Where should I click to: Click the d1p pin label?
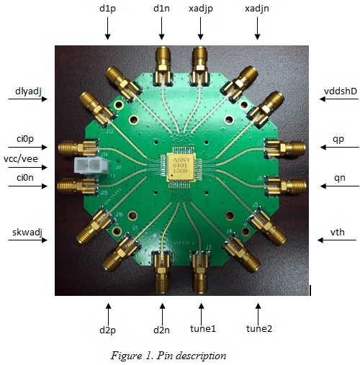click(107, 9)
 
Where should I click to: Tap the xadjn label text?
click(257, 9)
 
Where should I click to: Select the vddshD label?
click(341, 91)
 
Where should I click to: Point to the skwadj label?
click(27, 233)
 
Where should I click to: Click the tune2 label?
click(259, 328)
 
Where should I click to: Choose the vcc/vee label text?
click(21, 159)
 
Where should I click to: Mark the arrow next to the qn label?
click(340, 186)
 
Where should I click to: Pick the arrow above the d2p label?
click(109, 315)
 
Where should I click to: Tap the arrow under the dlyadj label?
click(28, 99)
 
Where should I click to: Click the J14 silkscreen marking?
click(104, 155)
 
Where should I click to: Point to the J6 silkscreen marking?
click(260, 179)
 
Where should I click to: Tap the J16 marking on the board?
click(120, 215)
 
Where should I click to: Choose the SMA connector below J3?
click(199, 273)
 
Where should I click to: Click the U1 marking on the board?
click(135, 227)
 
